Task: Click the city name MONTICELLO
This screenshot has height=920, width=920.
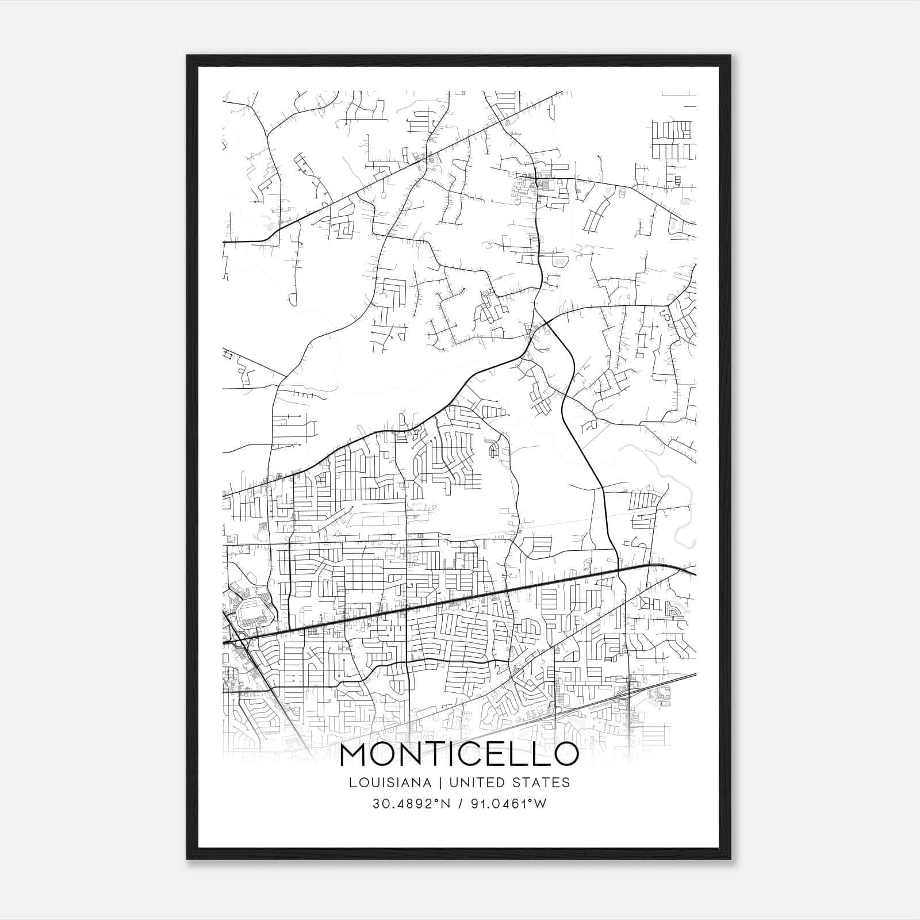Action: click(459, 754)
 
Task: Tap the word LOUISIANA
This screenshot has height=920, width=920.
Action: click(389, 783)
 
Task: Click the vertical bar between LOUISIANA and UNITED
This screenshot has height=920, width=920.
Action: click(440, 783)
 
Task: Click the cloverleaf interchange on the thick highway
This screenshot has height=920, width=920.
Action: click(237, 637)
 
